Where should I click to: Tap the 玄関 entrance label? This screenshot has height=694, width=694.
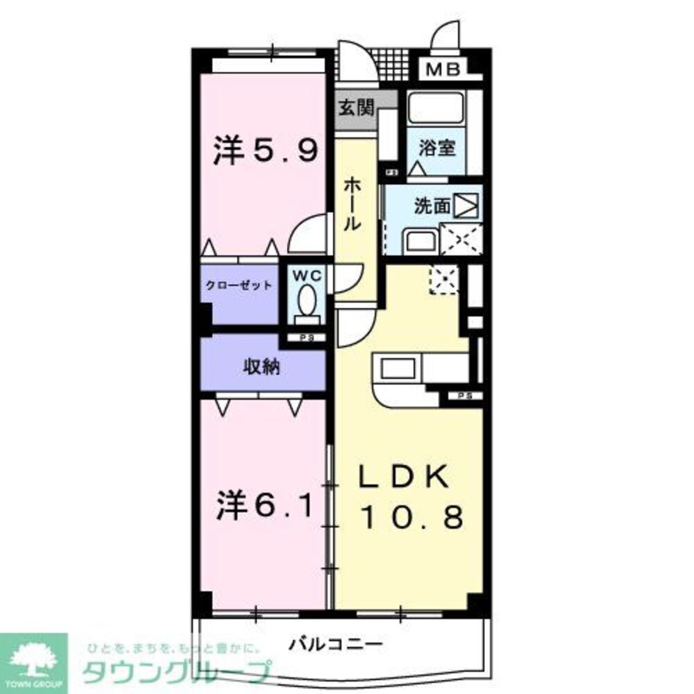coord(357,108)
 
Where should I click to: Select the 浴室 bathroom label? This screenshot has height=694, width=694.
coord(437,147)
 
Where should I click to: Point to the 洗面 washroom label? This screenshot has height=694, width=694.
coord(432,205)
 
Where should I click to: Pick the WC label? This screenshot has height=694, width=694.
coord(307,276)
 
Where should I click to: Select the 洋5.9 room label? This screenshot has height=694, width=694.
coord(266,150)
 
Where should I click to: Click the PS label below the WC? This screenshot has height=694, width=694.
coord(305,338)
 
